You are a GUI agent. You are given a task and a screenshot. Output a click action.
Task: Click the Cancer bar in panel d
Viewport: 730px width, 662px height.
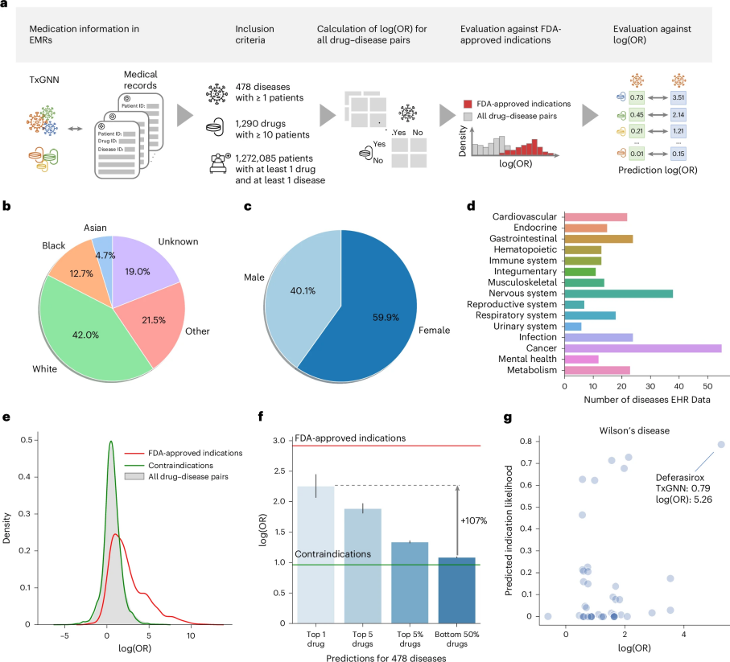(x=643, y=348)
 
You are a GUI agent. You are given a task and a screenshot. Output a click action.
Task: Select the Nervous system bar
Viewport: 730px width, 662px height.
(x=619, y=294)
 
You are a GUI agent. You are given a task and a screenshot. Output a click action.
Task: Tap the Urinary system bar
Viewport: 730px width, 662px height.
(x=573, y=326)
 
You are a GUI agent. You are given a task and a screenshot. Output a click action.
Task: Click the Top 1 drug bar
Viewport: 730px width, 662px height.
(x=316, y=554)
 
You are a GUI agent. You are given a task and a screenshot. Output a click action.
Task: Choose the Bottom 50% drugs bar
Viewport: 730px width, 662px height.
(x=456, y=590)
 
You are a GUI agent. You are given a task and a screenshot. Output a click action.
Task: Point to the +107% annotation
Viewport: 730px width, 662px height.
(x=474, y=520)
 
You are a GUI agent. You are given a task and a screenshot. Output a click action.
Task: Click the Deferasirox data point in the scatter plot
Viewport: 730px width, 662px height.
(x=721, y=444)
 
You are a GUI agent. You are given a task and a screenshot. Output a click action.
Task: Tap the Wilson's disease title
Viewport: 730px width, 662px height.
(x=634, y=431)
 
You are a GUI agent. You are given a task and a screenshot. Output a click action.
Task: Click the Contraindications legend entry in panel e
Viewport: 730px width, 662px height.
(x=180, y=465)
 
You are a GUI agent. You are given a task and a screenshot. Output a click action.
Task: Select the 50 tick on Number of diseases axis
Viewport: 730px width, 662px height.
(x=707, y=386)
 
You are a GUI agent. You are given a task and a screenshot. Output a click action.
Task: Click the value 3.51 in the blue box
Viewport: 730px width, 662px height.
(x=678, y=97)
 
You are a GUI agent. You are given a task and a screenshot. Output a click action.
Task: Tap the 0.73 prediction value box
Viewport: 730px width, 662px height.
(x=637, y=97)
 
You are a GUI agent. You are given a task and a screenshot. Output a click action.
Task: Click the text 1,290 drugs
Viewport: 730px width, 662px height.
(x=260, y=124)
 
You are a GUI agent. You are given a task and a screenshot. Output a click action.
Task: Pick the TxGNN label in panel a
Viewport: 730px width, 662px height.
(x=44, y=80)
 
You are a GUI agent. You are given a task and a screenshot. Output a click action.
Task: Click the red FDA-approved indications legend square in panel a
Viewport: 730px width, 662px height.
(x=468, y=104)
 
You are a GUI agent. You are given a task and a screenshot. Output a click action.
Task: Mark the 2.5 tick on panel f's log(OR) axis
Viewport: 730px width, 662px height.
(x=278, y=471)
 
